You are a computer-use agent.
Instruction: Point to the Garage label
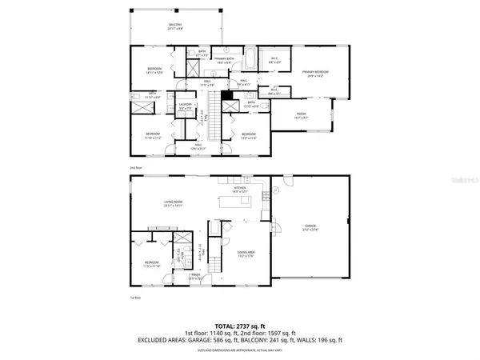310,227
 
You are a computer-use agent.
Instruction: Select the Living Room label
174,204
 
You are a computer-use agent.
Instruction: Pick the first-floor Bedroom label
151,264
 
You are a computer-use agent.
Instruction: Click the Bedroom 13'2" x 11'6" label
249,135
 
